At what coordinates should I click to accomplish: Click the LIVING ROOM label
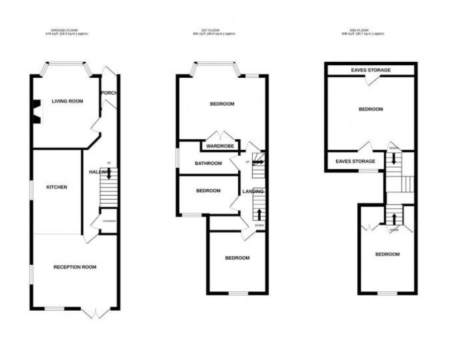pos(67,101)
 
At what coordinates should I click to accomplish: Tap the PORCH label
pos(109,93)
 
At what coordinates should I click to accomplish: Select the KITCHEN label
pos(57,187)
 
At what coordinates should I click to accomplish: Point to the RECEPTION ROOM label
pos(74,267)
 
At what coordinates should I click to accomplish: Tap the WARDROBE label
pos(220,146)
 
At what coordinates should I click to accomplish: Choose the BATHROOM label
pos(208,163)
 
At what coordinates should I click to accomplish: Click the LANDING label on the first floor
pos(252,192)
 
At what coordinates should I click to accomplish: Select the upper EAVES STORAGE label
pos(370,71)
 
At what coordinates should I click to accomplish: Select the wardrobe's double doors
pos(220,135)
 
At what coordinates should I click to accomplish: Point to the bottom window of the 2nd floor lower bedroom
pos(387,293)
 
